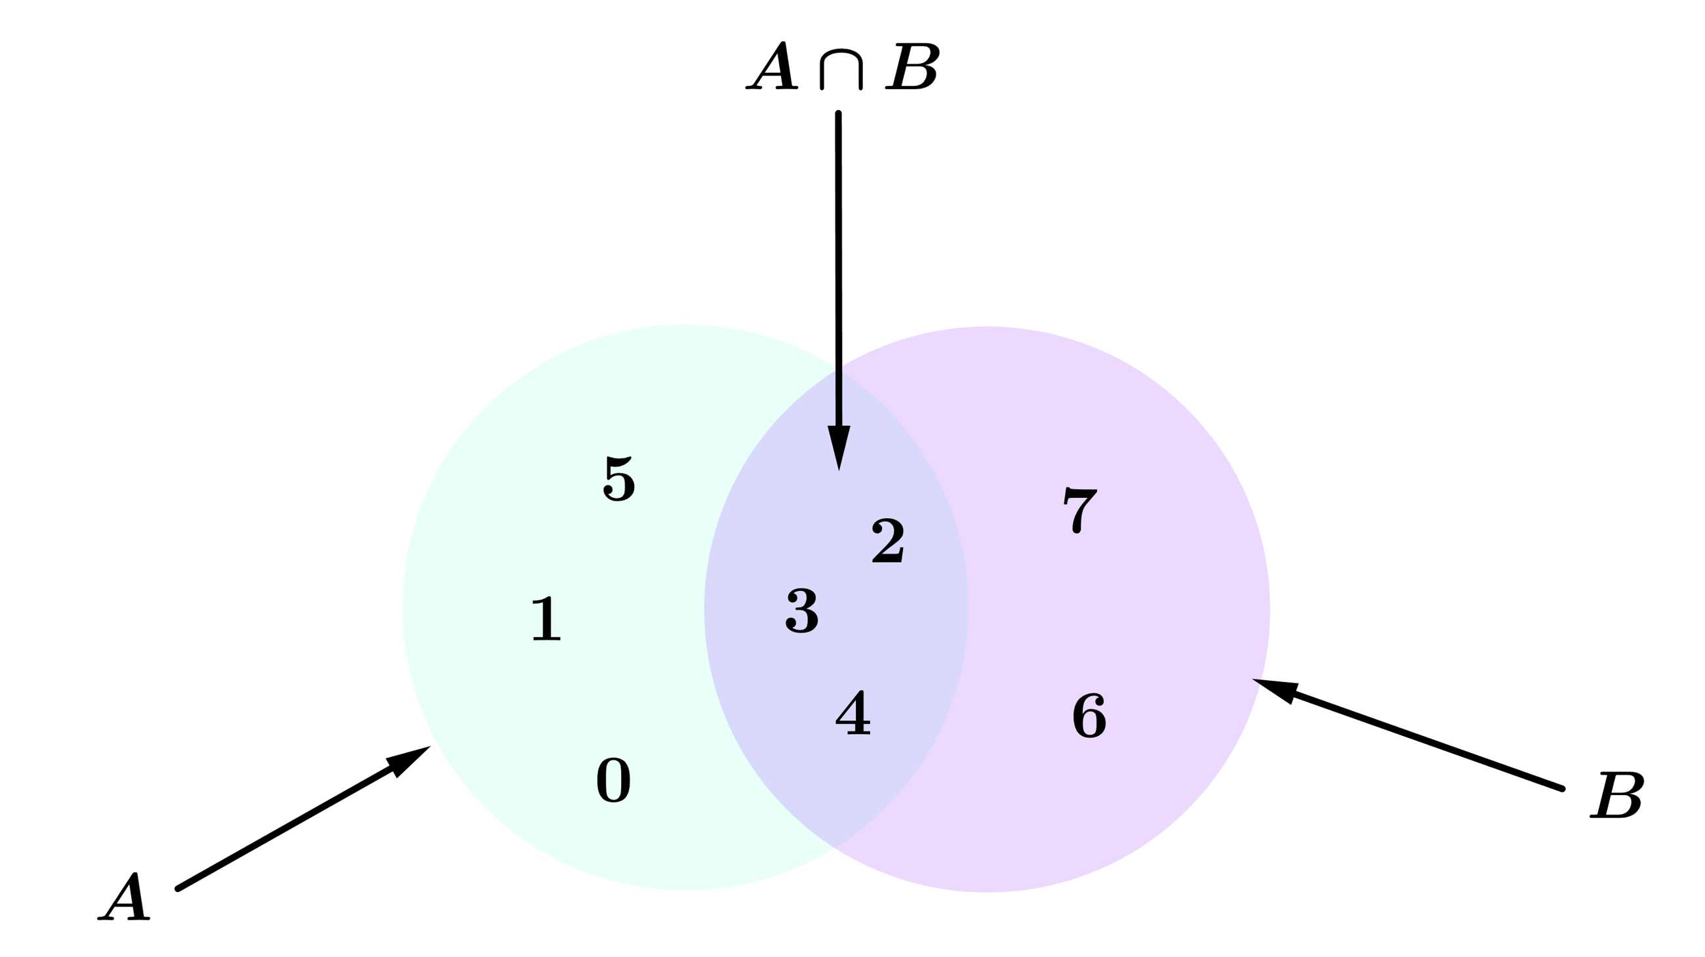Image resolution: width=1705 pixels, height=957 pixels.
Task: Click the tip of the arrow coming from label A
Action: pyautogui.click(x=431, y=746)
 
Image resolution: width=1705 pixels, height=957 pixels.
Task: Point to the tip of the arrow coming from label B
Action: pyautogui.click(x=1253, y=679)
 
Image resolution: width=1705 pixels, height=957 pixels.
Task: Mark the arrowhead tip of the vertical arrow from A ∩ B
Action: pyautogui.click(x=839, y=470)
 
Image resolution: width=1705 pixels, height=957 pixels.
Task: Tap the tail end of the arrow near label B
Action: pyautogui.click(x=1562, y=788)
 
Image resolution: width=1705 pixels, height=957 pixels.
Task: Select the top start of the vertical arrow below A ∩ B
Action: pyautogui.click(x=838, y=114)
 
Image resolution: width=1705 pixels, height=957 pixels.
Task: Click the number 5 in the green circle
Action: pyautogui.click(x=619, y=479)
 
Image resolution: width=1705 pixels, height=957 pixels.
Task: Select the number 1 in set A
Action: pyautogui.click(x=546, y=618)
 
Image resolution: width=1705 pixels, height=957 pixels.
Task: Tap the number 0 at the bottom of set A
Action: pyautogui.click(x=614, y=780)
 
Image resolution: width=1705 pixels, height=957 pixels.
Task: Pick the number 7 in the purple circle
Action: pyautogui.click(x=1079, y=510)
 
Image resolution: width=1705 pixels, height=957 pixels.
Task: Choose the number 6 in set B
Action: pyautogui.click(x=1089, y=716)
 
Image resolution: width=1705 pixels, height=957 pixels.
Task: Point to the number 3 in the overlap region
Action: pyautogui.click(x=801, y=611)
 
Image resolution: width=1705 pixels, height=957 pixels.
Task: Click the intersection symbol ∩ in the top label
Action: pyautogui.click(x=841, y=70)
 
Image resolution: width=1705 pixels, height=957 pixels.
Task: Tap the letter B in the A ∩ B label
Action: pyautogui.click(x=912, y=67)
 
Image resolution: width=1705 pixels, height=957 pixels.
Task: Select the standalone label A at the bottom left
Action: pyautogui.click(x=124, y=896)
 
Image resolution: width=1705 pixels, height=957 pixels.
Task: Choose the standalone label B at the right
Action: pyautogui.click(x=1616, y=795)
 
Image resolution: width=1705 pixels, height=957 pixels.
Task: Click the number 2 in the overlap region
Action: pyautogui.click(x=887, y=540)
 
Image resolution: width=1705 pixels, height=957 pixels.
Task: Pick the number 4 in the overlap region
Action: pyautogui.click(x=852, y=712)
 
